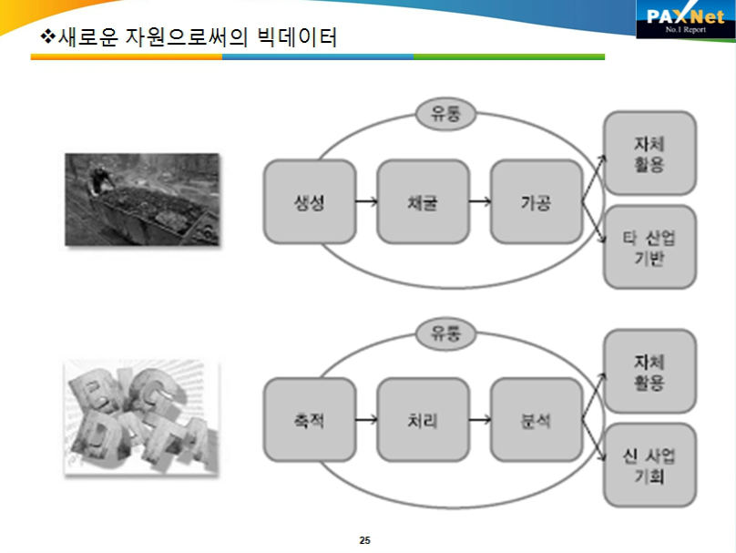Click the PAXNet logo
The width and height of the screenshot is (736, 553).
click(x=685, y=20)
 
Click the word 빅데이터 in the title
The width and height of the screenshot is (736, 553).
click(x=297, y=37)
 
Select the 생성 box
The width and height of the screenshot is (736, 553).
click(x=310, y=202)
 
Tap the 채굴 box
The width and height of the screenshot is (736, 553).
click(x=423, y=202)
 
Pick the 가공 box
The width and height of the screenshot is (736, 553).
click(x=537, y=202)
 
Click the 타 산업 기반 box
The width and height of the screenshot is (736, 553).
click(x=649, y=247)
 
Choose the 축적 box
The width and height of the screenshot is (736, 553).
click(x=310, y=420)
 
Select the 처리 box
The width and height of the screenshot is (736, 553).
click(x=423, y=420)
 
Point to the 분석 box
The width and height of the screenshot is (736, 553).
click(x=537, y=420)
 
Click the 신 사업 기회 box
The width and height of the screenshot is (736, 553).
click(x=649, y=466)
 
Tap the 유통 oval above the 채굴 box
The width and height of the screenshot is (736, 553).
click(x=446, y=114)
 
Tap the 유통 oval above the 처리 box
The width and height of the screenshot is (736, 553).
click(x=446, y=333)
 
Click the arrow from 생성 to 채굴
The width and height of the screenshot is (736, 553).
click(x=366, y=202)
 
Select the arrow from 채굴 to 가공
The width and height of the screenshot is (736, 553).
click(x=480, y=202)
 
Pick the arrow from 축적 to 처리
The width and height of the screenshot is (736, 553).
click(x=366, y=420)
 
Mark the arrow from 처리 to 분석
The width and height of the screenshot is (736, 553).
click(x=480, y=420)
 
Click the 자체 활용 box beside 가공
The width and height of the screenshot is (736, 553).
click(x=649, y=153)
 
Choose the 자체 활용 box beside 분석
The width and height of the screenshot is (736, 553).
click(x=649, y=371)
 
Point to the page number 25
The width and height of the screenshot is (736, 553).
click(x=364, y=540)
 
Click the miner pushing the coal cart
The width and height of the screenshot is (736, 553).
click(x=99, y=179)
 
